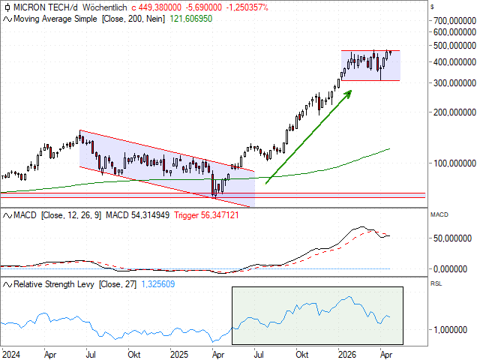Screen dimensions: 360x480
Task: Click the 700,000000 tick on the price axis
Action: (452, 20)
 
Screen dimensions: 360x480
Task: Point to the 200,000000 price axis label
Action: (452, 112)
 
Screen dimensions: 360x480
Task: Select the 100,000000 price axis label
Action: (452, 163)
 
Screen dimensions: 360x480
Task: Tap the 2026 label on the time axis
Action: (346, 352)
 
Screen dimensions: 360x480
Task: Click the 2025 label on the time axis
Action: (179, 352)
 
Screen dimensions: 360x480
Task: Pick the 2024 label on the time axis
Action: (11, 352)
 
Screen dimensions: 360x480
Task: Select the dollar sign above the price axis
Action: (433, 7)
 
